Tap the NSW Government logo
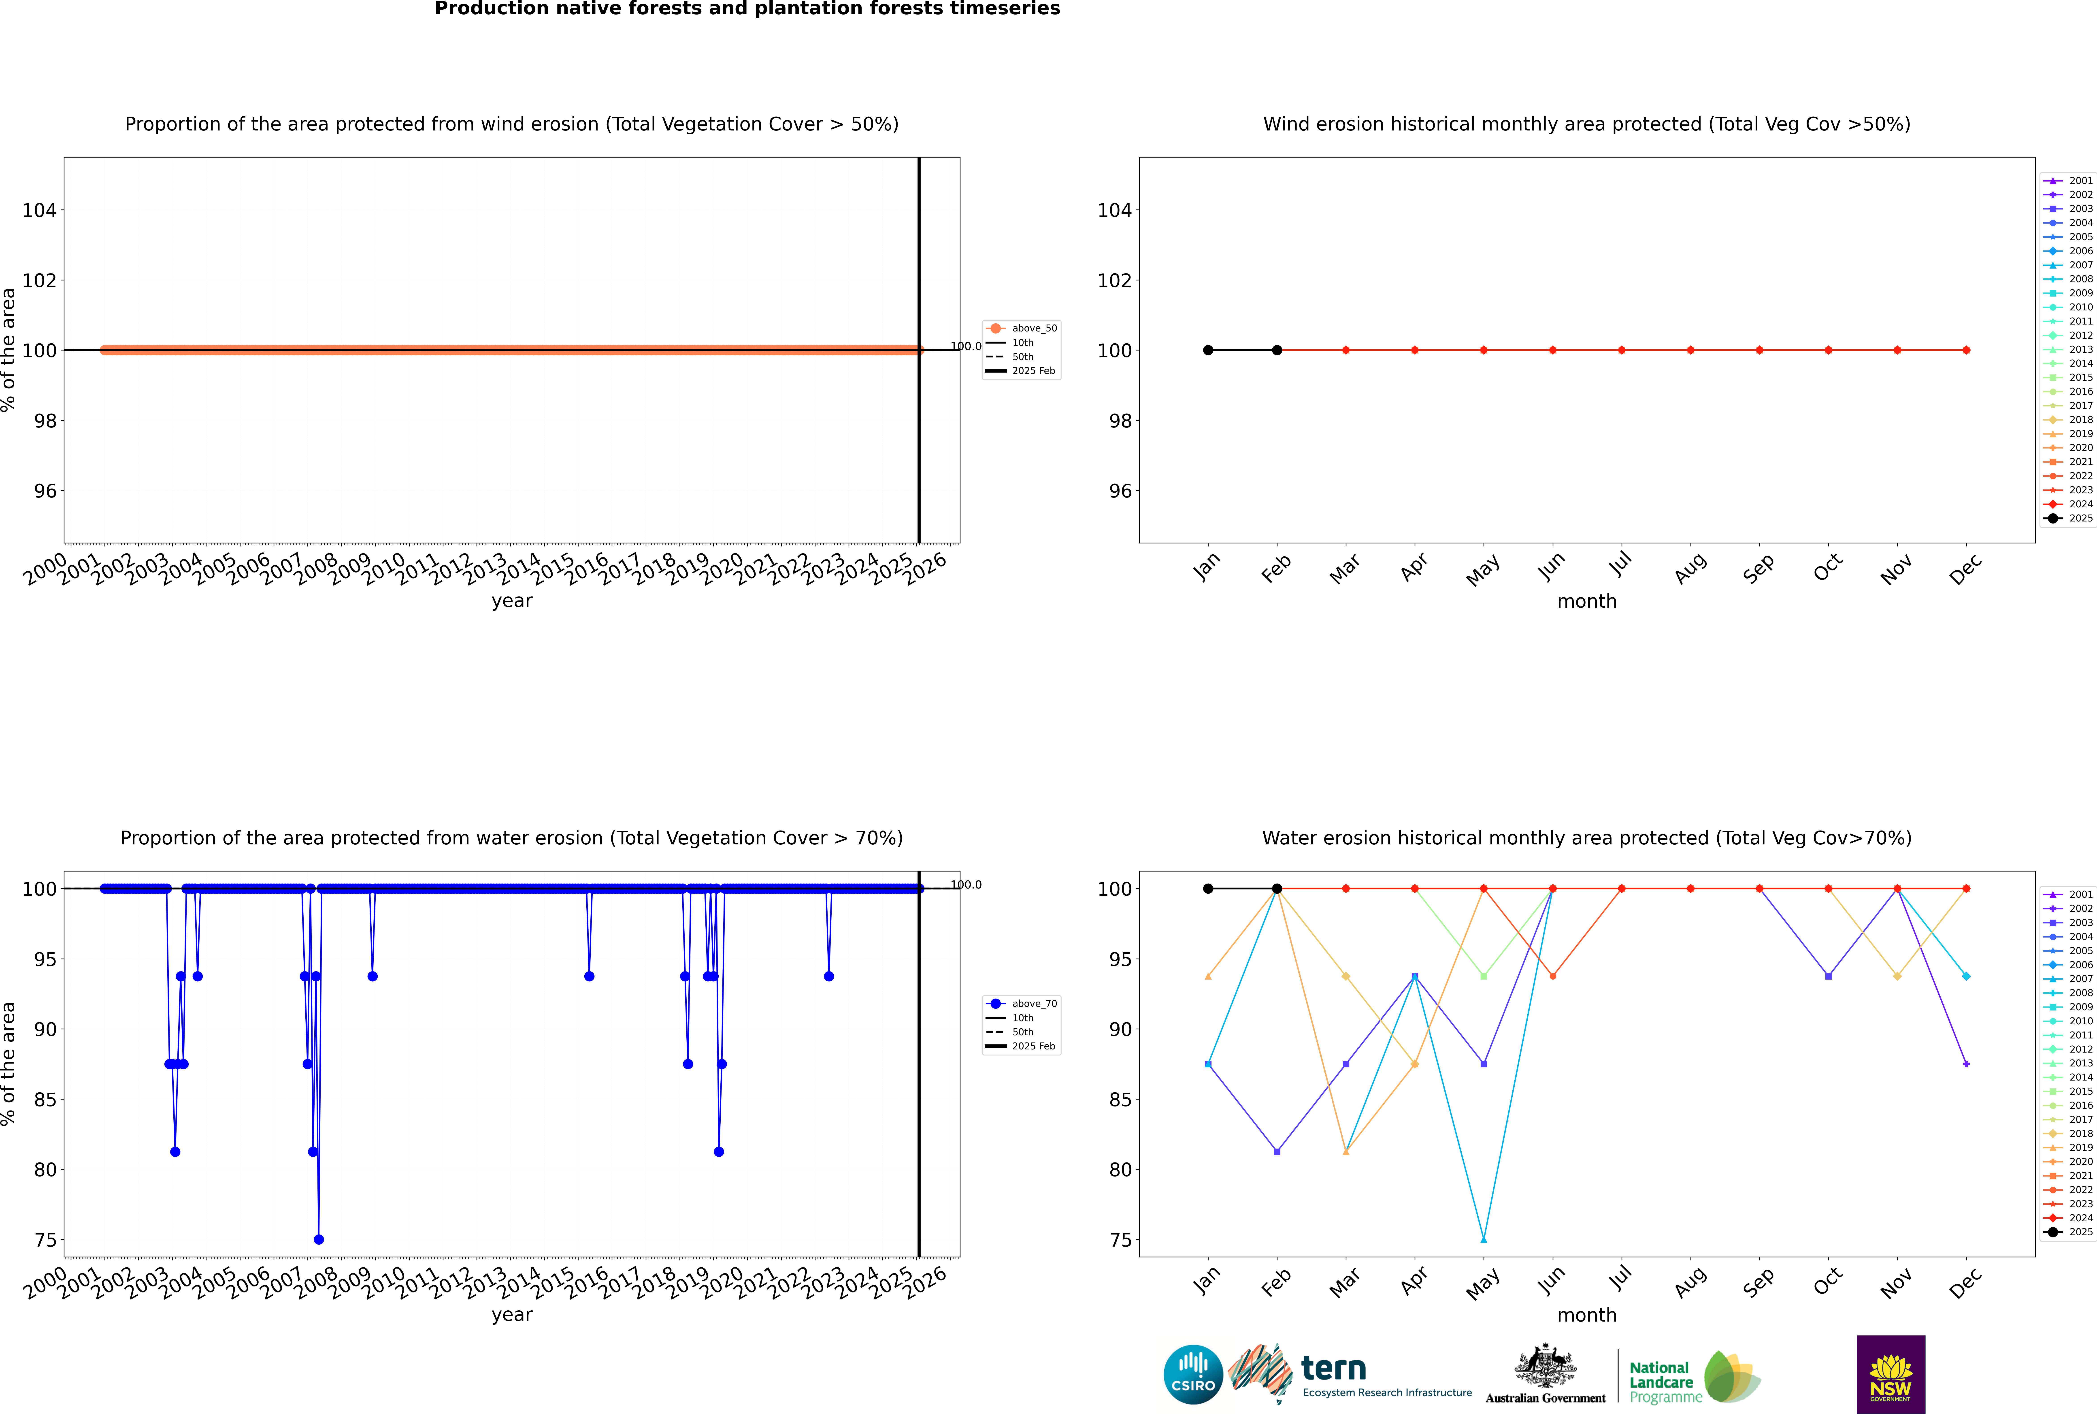point(1890,1373)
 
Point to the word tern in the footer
point(1333,1368)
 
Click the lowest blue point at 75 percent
point(318,1239)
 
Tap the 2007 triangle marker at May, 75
point(1483,1239)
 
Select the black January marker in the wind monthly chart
point(1208,350)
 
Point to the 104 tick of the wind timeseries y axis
point(40,210)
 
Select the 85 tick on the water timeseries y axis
point(45,1099)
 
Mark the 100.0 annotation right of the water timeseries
point(966,885)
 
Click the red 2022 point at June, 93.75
point(1552,976)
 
